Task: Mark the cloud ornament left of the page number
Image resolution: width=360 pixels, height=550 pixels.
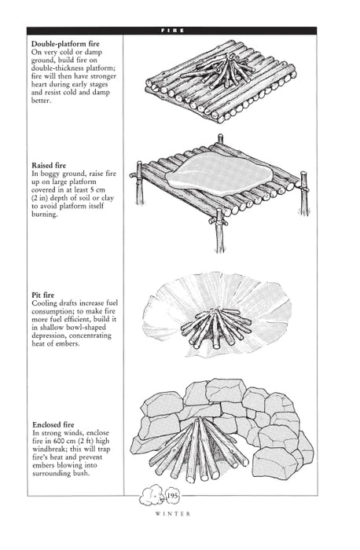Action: [151, 517]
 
